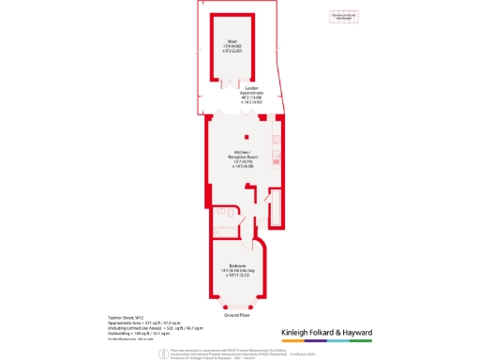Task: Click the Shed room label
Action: (x=232, y=41)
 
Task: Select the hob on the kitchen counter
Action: (x=274, y=154)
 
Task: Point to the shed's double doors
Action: (x=232, y=82)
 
